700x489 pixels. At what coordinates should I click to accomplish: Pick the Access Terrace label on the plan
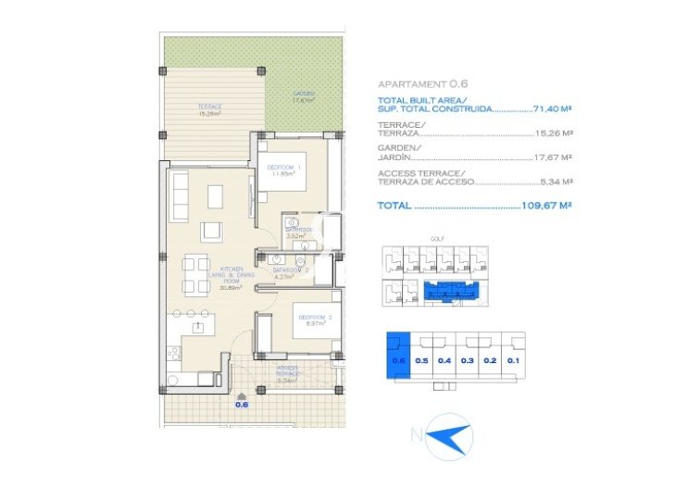tap(288, 373)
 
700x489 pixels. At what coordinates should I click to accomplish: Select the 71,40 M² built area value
tap(552, 108)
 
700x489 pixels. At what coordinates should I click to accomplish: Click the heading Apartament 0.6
tap(419, 83)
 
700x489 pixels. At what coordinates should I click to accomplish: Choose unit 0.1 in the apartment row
tap(512, 359)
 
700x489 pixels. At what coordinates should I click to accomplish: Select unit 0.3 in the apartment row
tap(467, 359)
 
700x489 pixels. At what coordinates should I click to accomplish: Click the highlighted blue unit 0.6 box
tap(399, 355)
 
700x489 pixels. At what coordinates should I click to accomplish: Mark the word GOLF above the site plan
tap(437, 239)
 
